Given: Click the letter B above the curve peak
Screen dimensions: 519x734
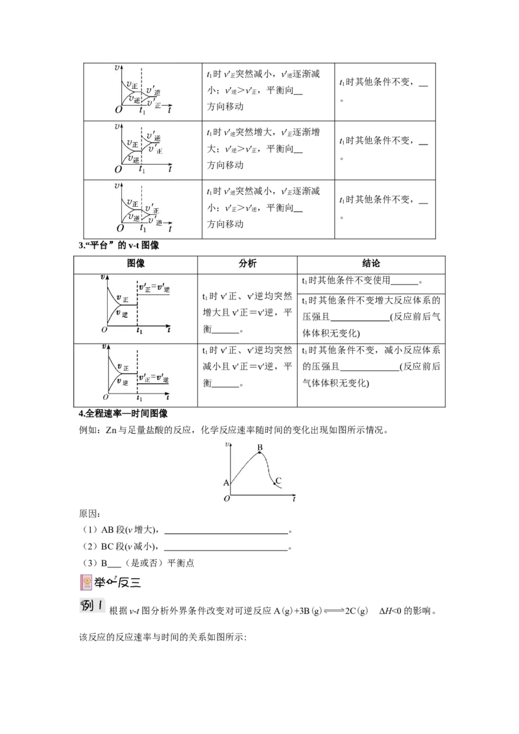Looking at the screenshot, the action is pyautogui.click(x=259, y=447).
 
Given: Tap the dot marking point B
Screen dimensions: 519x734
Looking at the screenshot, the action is pyautogui.click(x=260, y=453).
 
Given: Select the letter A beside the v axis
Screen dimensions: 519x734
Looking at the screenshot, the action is pyautogui.click(x=226, y=482).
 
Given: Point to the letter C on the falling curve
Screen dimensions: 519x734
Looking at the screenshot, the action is pyautogui.click(x=278, y=480).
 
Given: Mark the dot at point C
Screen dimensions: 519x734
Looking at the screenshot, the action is pyautogui.click(x=274, y=484).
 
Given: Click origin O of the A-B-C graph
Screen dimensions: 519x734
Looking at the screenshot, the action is pyautogui.click(x=226, y=498).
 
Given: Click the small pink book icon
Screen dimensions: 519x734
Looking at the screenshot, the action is pyautogui.click(x=86, y=580).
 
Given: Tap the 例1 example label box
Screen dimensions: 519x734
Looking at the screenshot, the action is pyautogui.click(x=93, y=608).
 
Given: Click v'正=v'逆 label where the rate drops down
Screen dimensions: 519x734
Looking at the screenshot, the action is pyautogui.click(x=153, y=379).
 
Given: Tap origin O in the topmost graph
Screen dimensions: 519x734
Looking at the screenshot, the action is pyautogui.click(x=118, y=110).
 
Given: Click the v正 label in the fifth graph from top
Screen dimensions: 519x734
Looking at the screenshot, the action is pyautogui.click(x=121, y=368).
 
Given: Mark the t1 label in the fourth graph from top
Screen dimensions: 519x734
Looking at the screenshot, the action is pyautogui.click(x=138, y=331).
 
